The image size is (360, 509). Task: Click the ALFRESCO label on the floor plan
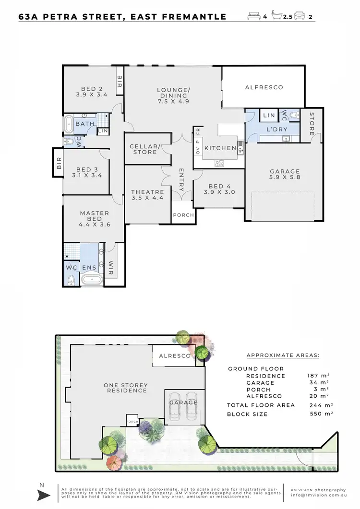point(264,87)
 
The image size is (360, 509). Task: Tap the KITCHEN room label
point(220,148)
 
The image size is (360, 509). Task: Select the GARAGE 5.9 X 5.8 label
point(285,174)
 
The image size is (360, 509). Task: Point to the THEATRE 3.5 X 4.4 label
point(147,195)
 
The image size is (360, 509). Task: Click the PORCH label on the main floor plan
point(183,215)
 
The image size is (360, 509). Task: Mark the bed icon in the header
point(253,16)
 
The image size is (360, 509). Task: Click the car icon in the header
point(299,16)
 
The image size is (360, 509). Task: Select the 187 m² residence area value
point(318,376)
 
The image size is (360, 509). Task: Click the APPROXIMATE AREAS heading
point(283,355)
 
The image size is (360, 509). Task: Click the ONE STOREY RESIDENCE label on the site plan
point(126,388)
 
